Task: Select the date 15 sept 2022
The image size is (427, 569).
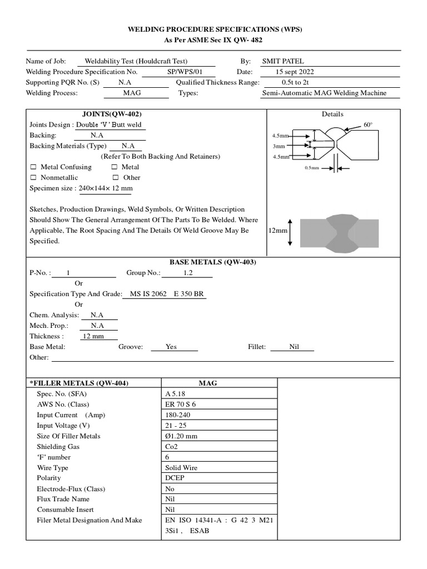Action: click(298, 72)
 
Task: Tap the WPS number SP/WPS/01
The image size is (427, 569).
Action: click(183, 72)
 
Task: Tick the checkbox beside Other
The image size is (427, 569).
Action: click(116, 178)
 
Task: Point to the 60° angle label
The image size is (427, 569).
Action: click(368, 125)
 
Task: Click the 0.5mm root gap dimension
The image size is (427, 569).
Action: click(312, 167)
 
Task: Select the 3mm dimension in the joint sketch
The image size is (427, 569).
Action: click(278, 146)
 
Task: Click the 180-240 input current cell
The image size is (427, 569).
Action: click(177, 415)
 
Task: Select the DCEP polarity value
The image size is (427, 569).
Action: click(175, 478)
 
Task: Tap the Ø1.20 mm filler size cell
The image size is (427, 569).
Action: click(181, 436)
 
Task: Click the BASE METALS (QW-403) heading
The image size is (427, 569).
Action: click(212, 262)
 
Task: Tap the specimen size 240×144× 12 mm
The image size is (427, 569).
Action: click(105, 188)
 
